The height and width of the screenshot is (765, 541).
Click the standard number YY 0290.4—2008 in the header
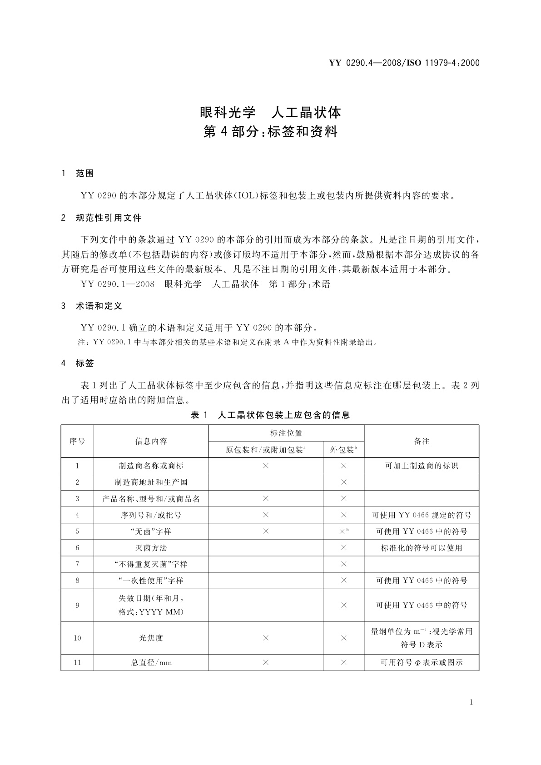[x=364, y=63]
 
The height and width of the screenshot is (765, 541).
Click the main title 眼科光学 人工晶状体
[x=270, y=112]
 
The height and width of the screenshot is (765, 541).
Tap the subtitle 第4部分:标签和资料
[x=270, y=132]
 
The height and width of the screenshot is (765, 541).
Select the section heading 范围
[x=85, y=174]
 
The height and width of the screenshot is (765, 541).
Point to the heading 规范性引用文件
[x=109, y=218]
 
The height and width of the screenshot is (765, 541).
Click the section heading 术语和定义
[x=99, y=306]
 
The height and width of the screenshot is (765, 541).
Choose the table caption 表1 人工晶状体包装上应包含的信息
[x=270, y=415]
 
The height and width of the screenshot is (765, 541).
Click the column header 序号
[x=77, y=441]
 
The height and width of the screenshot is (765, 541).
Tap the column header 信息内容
[x=151, y=441]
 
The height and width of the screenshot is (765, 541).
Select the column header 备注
[x=422, y=441]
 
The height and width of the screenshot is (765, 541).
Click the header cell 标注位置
[x=286, y=433]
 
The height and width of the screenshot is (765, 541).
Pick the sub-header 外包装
[x=342, y=450]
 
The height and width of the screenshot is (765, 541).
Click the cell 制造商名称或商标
[x=151, y=466]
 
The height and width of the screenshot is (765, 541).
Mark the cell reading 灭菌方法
[x=151, y=548]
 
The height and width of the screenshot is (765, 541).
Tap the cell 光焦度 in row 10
[x=151, y=638]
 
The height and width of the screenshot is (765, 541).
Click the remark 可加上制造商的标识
[x=422, y=466]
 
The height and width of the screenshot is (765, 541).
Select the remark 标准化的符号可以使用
[x=422, y=548]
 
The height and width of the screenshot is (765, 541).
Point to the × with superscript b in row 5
[x=343, y=531]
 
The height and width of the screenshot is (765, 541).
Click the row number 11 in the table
[x=77, y=662]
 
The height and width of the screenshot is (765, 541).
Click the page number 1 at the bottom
[x=471, y=702]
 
